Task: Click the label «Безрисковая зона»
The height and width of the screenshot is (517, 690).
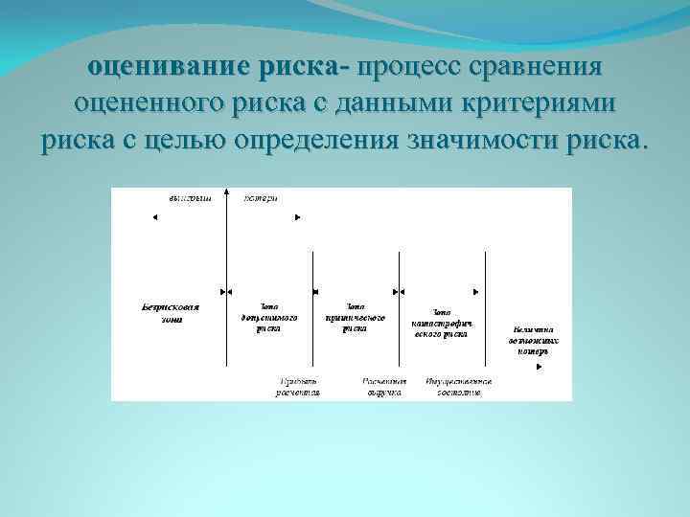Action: (170, 313)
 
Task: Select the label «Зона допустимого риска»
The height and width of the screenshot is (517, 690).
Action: (268, 316)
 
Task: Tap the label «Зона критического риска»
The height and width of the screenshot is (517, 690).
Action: (355, 316)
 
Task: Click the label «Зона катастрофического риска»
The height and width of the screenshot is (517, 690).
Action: (441, 322)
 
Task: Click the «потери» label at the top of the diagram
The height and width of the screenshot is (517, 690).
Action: (261, 198)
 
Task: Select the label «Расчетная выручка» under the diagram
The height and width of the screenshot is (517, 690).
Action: (384, 387)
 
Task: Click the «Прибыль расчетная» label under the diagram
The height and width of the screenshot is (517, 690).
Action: (298, 387)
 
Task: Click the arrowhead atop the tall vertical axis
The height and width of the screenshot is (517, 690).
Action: (226, 191)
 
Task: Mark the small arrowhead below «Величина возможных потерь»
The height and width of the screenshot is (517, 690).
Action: (546, 352)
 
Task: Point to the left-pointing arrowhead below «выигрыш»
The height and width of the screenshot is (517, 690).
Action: (154, 217)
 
